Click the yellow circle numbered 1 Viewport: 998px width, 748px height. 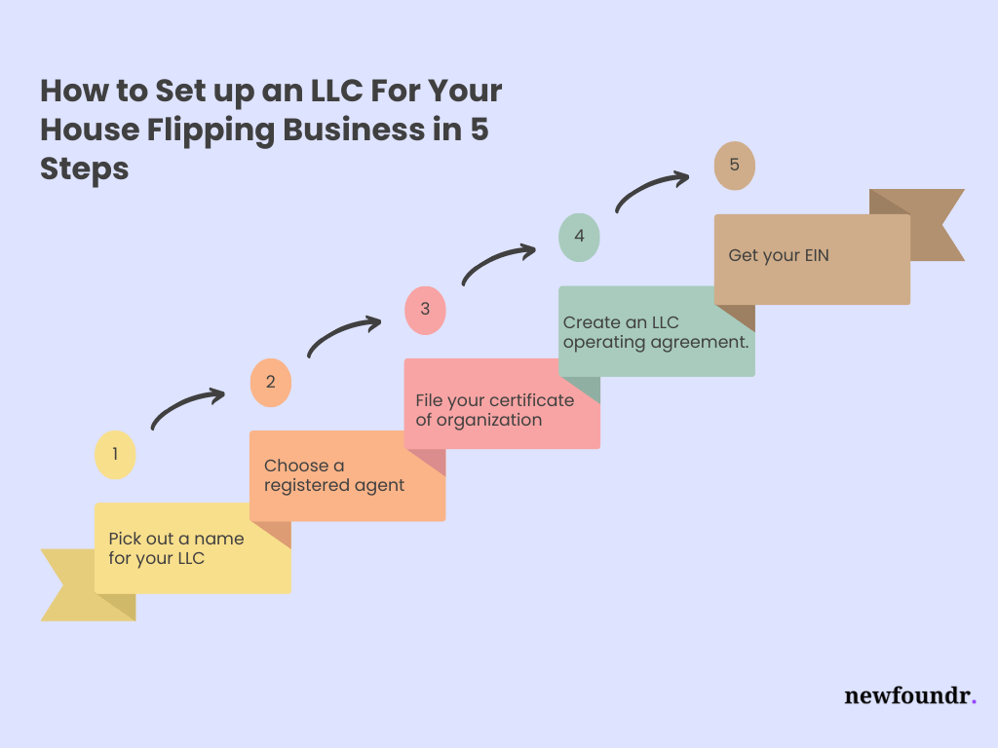[x=115, y=455]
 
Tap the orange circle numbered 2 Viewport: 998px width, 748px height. [x=270, y=383]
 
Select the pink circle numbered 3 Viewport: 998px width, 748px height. [x=425, y=311]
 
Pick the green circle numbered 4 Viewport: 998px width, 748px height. [x=579, y=238]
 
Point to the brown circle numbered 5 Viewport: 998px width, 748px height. [x=734, y=166]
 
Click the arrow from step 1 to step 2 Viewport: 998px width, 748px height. [x=187, y=408]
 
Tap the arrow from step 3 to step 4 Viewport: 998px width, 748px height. [x=498, y=262]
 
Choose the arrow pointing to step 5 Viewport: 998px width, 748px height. [x=652, y=190]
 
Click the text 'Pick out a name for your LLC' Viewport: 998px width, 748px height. [x=176, y=548]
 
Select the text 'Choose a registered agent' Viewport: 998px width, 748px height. [x=334, y=475]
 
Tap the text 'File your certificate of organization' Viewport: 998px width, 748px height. [x=495, y=410]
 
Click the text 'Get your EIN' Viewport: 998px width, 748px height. [x=779, y=256]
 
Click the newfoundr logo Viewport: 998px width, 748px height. [x=909, y=695]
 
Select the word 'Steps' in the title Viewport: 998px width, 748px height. [x=85, y=168]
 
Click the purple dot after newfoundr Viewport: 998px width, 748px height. [x=974, y=701]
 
